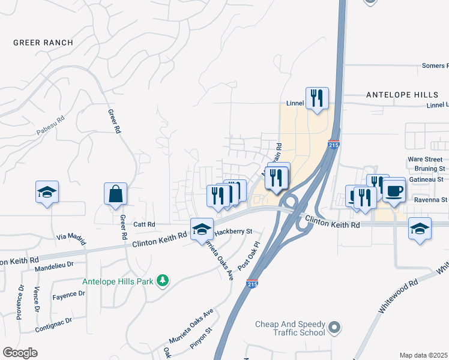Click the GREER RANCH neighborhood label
coord(43,43)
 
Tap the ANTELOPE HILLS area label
coord(403,95)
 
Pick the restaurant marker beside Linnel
coord(317,98)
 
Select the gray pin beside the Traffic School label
coord(335,328)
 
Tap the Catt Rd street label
coord(144,224)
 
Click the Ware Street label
coord(425,160)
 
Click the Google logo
coord(20,352)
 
